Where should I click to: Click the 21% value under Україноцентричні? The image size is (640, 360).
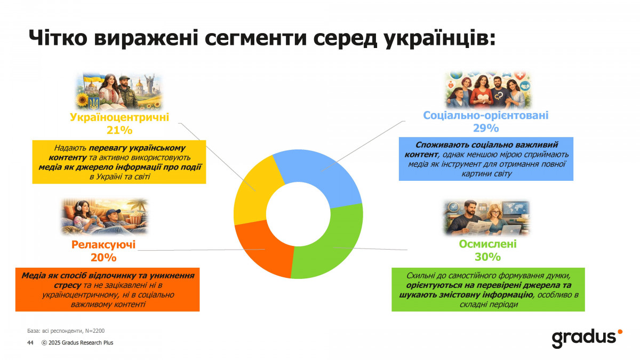(119, 130)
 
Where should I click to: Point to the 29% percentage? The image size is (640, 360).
(486, 129)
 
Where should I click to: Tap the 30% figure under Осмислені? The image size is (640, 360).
(487, 257)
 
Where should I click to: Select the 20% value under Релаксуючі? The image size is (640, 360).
(103, 258)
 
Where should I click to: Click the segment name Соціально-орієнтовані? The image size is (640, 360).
(486, 115)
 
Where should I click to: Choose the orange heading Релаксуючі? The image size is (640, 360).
(103, 245)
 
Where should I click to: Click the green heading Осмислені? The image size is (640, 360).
(487, 244)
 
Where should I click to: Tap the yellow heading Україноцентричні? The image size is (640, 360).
(119, 117)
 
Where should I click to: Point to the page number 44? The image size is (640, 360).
(30, 342)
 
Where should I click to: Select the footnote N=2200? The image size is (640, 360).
(95, 331)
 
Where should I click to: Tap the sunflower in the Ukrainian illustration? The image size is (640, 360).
(83, 100)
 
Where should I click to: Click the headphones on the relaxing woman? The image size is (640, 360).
(78, 206)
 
